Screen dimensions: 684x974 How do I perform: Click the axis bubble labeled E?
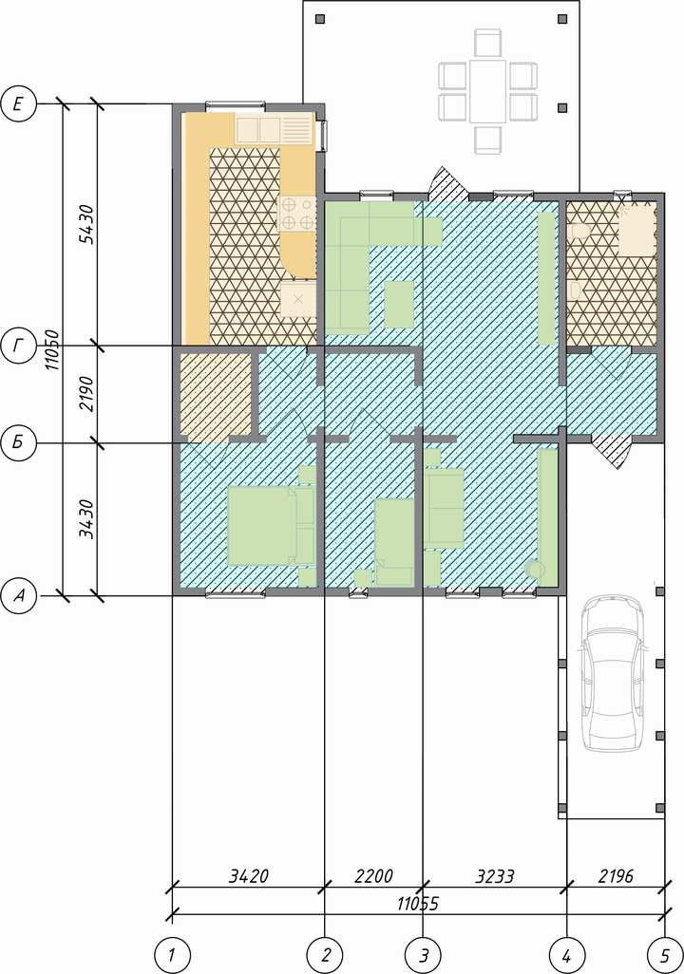pos(19,103)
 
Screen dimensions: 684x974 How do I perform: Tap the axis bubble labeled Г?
pos(19,346)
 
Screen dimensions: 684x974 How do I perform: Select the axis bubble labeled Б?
pos(19,443)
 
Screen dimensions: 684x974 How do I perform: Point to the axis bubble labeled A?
pos(19,596)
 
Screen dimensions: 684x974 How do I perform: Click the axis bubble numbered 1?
pos(172,955)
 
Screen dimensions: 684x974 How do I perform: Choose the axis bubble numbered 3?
pos(423,955)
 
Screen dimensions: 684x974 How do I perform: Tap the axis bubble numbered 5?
pos(665,955)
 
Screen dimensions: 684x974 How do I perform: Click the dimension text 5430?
pos(87,224)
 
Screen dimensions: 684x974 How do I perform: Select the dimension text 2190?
pos(87,394)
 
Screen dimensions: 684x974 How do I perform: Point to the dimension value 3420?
pos(249,876)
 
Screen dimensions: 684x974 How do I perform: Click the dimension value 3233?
pos(495,876)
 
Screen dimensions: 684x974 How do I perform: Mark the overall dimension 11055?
pos(418,903)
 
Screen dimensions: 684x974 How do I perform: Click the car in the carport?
pos(613,673)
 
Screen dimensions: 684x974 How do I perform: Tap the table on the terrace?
pos(487,91)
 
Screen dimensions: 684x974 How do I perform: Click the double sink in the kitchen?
pos(257,129)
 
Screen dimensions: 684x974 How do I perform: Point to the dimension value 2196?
pos(616,876)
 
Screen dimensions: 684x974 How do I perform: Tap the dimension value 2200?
pos(373,876)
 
